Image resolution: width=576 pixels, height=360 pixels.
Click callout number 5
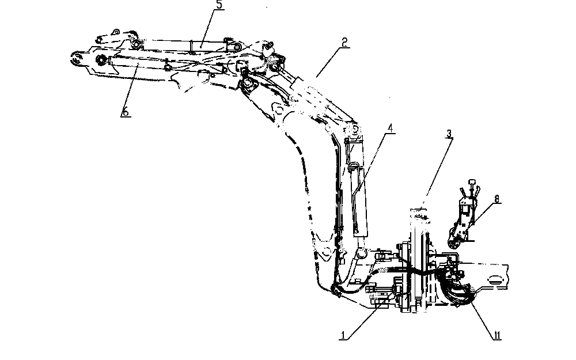(x=218, y=5)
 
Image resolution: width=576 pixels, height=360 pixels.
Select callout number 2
(x=344, y=42)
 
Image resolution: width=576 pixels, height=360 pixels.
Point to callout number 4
(x=391, y=128)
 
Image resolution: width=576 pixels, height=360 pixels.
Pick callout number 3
(x=449, y=134)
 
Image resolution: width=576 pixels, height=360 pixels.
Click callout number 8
(x=497, y=199)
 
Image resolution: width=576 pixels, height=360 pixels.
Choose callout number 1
(x=343, y=335)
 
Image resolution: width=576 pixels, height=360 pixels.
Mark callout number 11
(x=498, y=335)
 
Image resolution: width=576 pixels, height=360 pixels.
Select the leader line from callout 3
(x=438, y=168)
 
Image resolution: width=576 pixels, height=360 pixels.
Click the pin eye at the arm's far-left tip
(x=77, y=59)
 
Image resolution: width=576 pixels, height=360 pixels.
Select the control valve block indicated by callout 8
(x=461, y=221)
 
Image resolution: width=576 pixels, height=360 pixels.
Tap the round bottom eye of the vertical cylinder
(x=362, y=254)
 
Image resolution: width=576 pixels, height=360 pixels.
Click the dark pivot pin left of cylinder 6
(x=101, y=60)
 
